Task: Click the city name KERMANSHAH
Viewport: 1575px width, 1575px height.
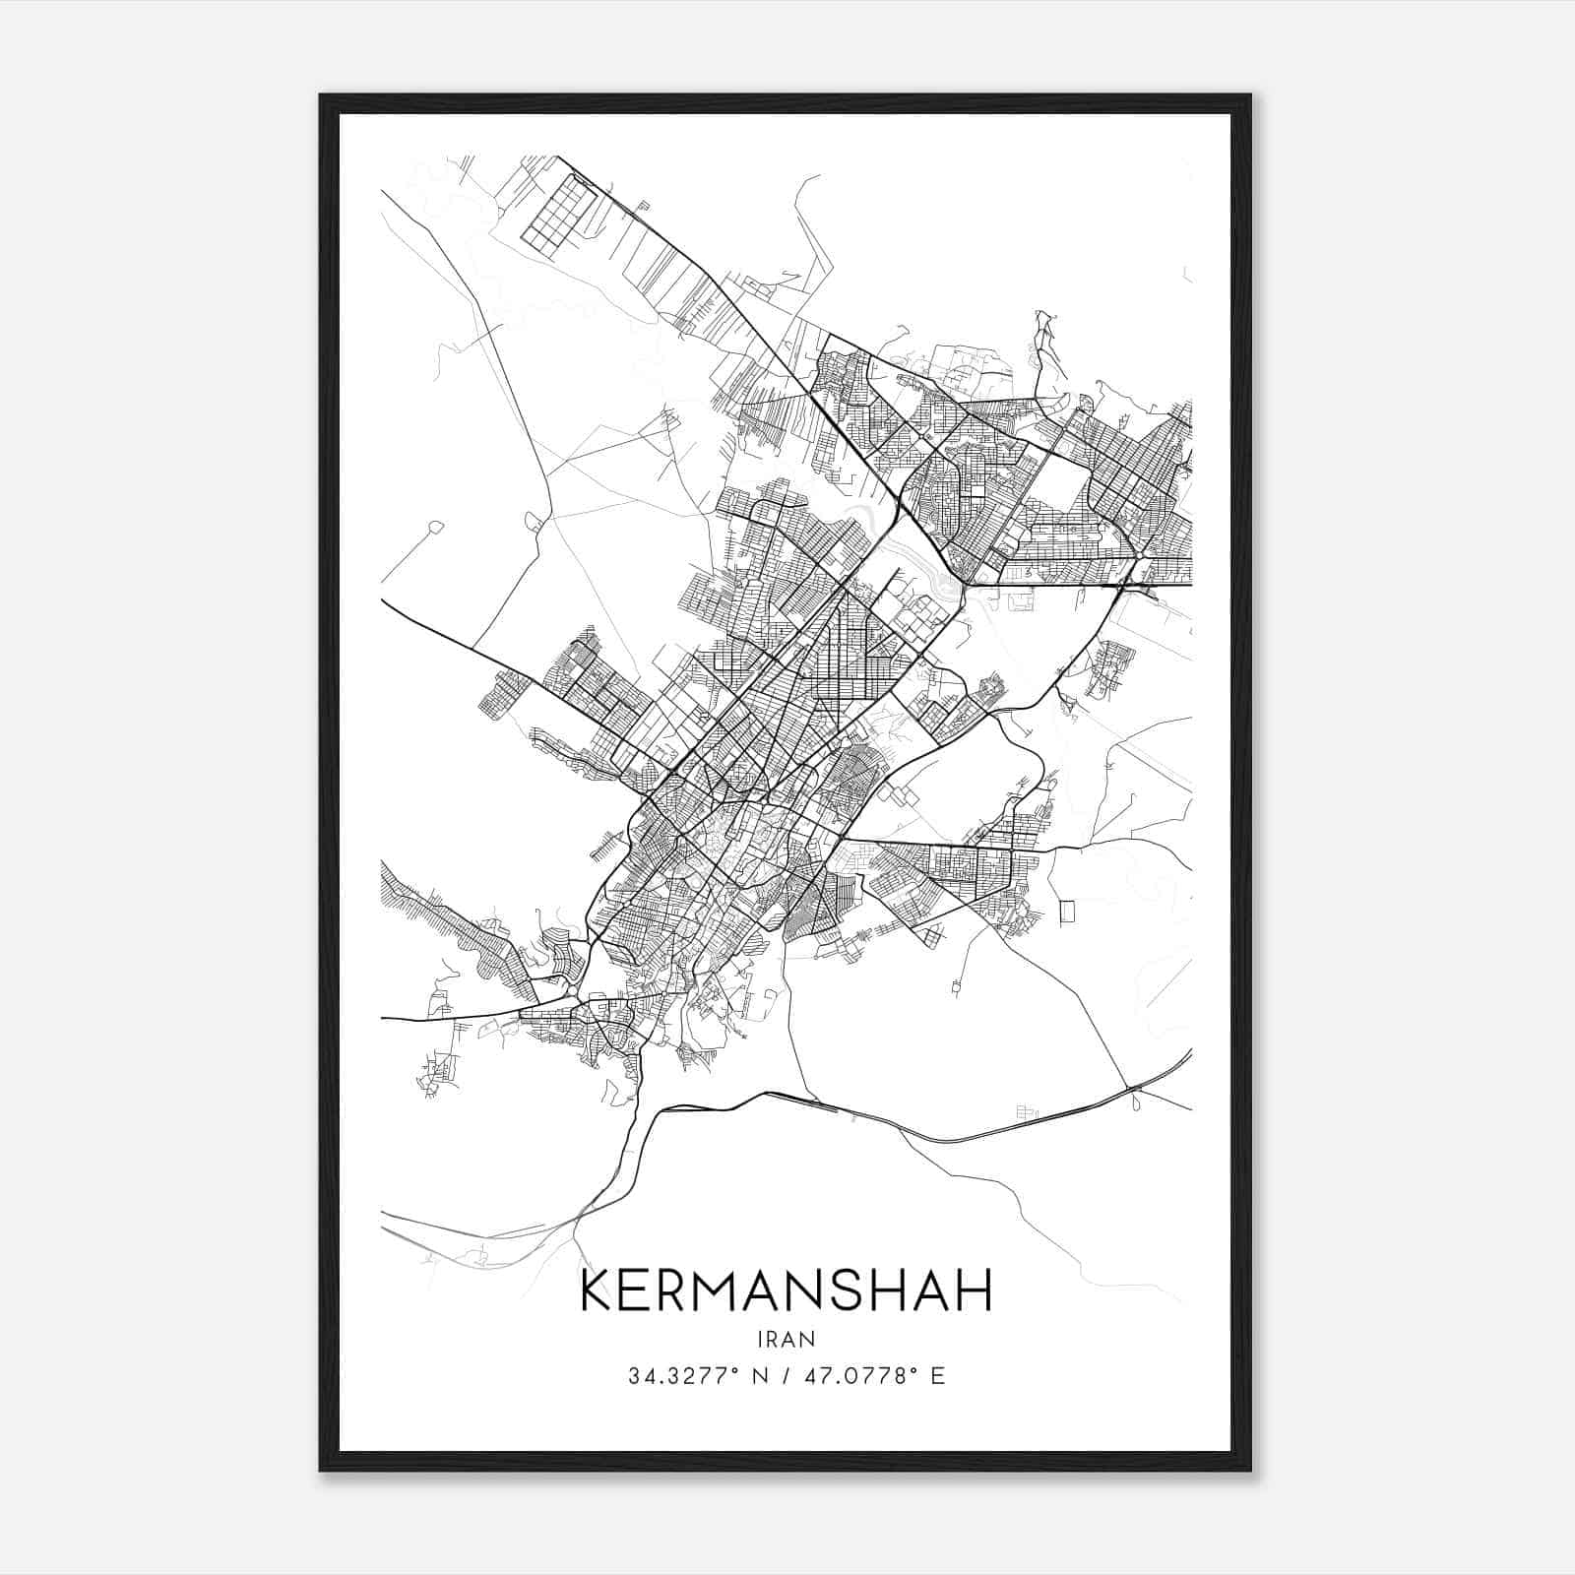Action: click(x=787, y=1291)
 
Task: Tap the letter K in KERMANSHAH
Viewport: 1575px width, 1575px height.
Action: click(x=598, y=1291)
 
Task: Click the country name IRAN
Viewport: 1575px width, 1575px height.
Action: click(x=787, y=1339)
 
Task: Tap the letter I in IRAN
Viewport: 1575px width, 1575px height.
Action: click(x=761, y=1339)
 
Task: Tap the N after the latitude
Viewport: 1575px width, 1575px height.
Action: click(x=759, y=1376)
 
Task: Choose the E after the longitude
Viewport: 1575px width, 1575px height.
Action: click(x=937, y=1376)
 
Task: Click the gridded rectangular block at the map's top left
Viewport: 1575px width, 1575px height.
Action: click(x=558, y=211)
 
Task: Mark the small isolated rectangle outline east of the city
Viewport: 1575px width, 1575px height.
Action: click(x=1066, y=911)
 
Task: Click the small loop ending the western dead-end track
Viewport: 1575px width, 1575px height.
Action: click(x=435, y=529)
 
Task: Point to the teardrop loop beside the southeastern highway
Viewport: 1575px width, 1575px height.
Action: click(x=1138, y=1102)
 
